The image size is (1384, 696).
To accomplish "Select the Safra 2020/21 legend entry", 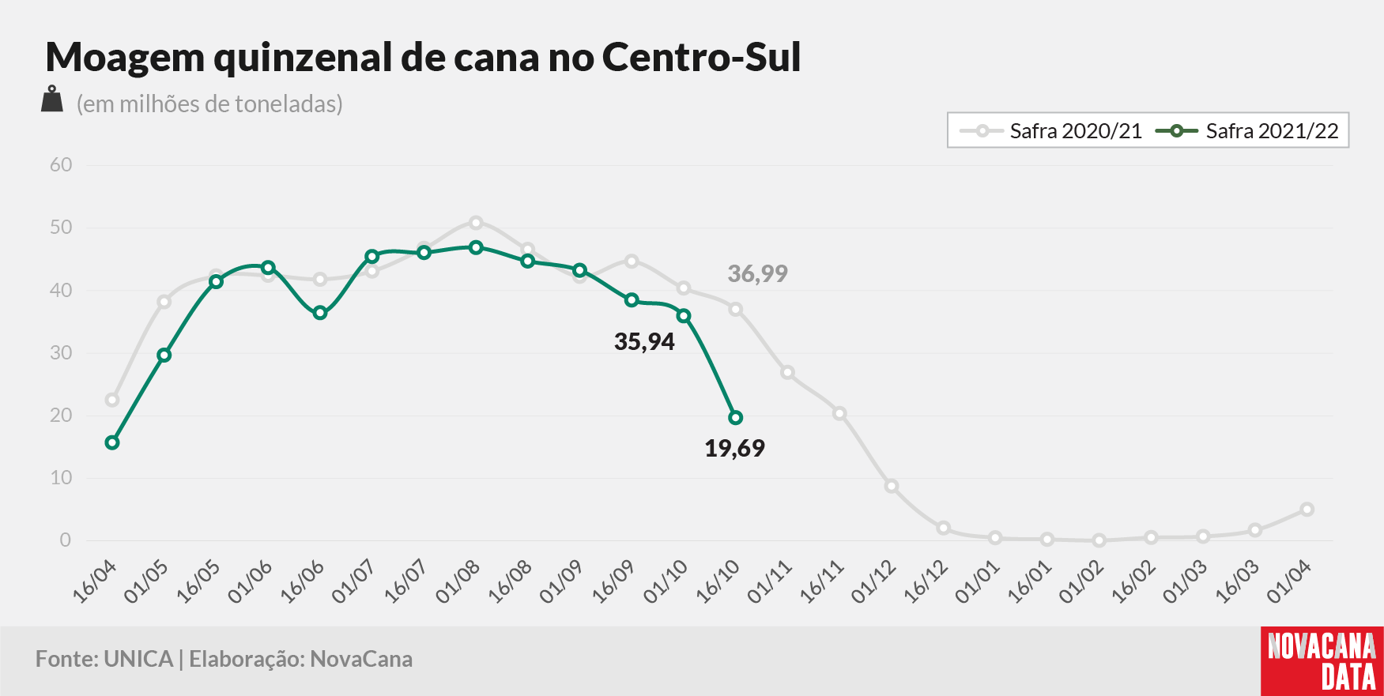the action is [1050, 131].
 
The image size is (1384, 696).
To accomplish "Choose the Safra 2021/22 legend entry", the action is [1247, 131].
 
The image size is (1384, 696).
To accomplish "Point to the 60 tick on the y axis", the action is [61, 165].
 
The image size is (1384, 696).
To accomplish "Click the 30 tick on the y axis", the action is [61, 353].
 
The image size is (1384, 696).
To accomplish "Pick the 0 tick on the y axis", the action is [66, 540].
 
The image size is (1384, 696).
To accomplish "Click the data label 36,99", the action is [757, 274].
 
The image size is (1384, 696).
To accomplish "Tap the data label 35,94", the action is [644, 342].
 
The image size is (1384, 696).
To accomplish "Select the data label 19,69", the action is [734, 449].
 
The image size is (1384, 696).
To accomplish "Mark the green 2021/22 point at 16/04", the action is [112, 442].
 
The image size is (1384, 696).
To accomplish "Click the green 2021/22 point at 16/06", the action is [320, 313].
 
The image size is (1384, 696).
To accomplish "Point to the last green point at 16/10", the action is [736, 417].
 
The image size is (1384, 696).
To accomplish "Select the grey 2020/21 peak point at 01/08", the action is [476, 223].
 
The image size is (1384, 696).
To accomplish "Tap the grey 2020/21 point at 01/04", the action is [1307, 510].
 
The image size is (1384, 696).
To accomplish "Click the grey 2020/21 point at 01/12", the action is [892, 486].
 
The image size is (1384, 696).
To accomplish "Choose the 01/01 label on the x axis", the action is [978, 583].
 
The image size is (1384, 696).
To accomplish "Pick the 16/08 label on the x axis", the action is [510, 583].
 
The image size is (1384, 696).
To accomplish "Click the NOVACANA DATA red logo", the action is [1322, 661].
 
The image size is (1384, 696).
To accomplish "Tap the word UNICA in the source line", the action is [138, 660].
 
